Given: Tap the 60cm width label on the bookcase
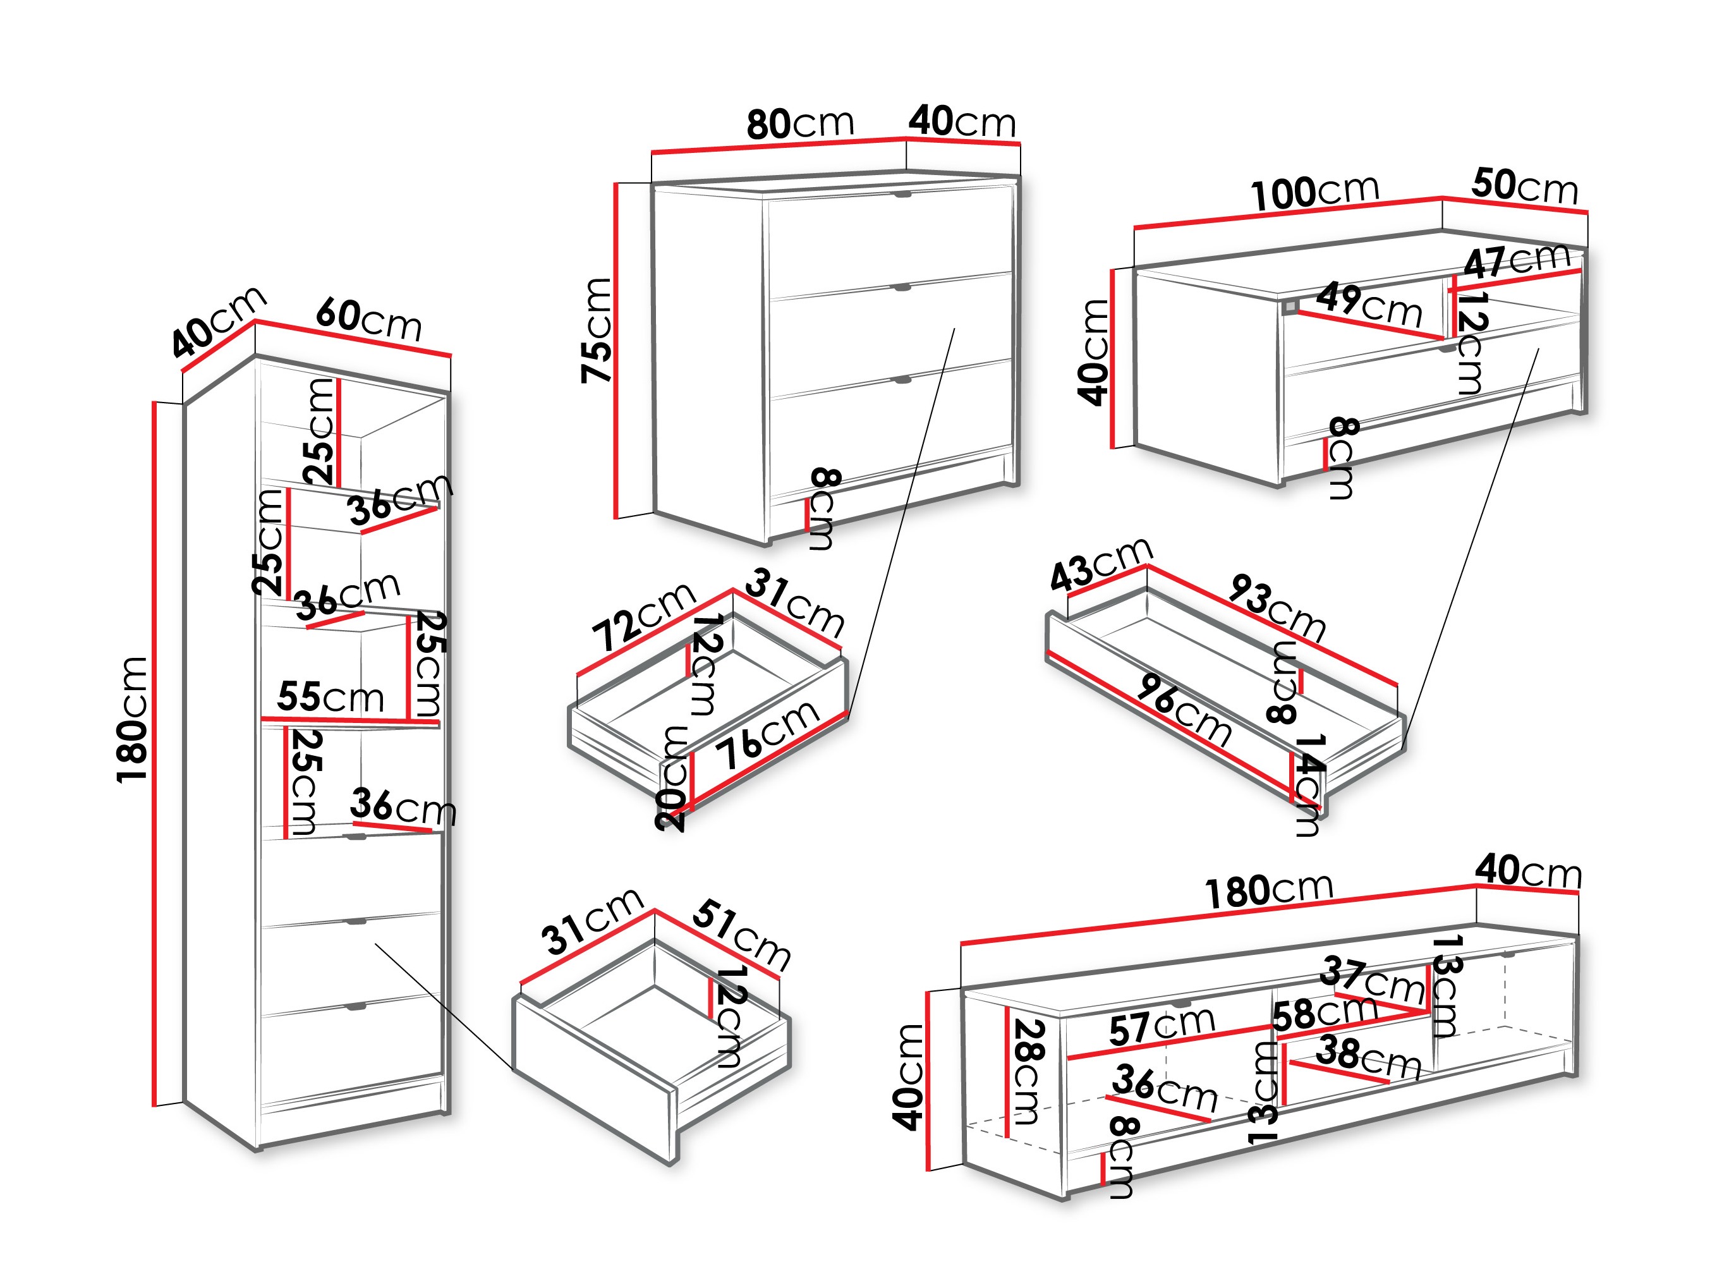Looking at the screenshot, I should click(368, 319).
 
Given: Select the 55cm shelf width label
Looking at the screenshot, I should click(330, 696).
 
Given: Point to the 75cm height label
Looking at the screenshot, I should click(596, 329).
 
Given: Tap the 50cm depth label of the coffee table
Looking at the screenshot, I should click(1524, 186).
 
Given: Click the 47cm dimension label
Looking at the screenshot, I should click(1515, 261).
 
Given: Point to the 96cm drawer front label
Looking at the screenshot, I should click(1183, 708).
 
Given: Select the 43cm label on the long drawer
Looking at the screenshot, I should click(1100, 563).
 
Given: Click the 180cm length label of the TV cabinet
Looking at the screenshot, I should click(1268, 890).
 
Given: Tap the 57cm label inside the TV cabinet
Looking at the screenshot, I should click(1162, 1026).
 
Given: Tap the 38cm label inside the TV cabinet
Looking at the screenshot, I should click(1368, 1057).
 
